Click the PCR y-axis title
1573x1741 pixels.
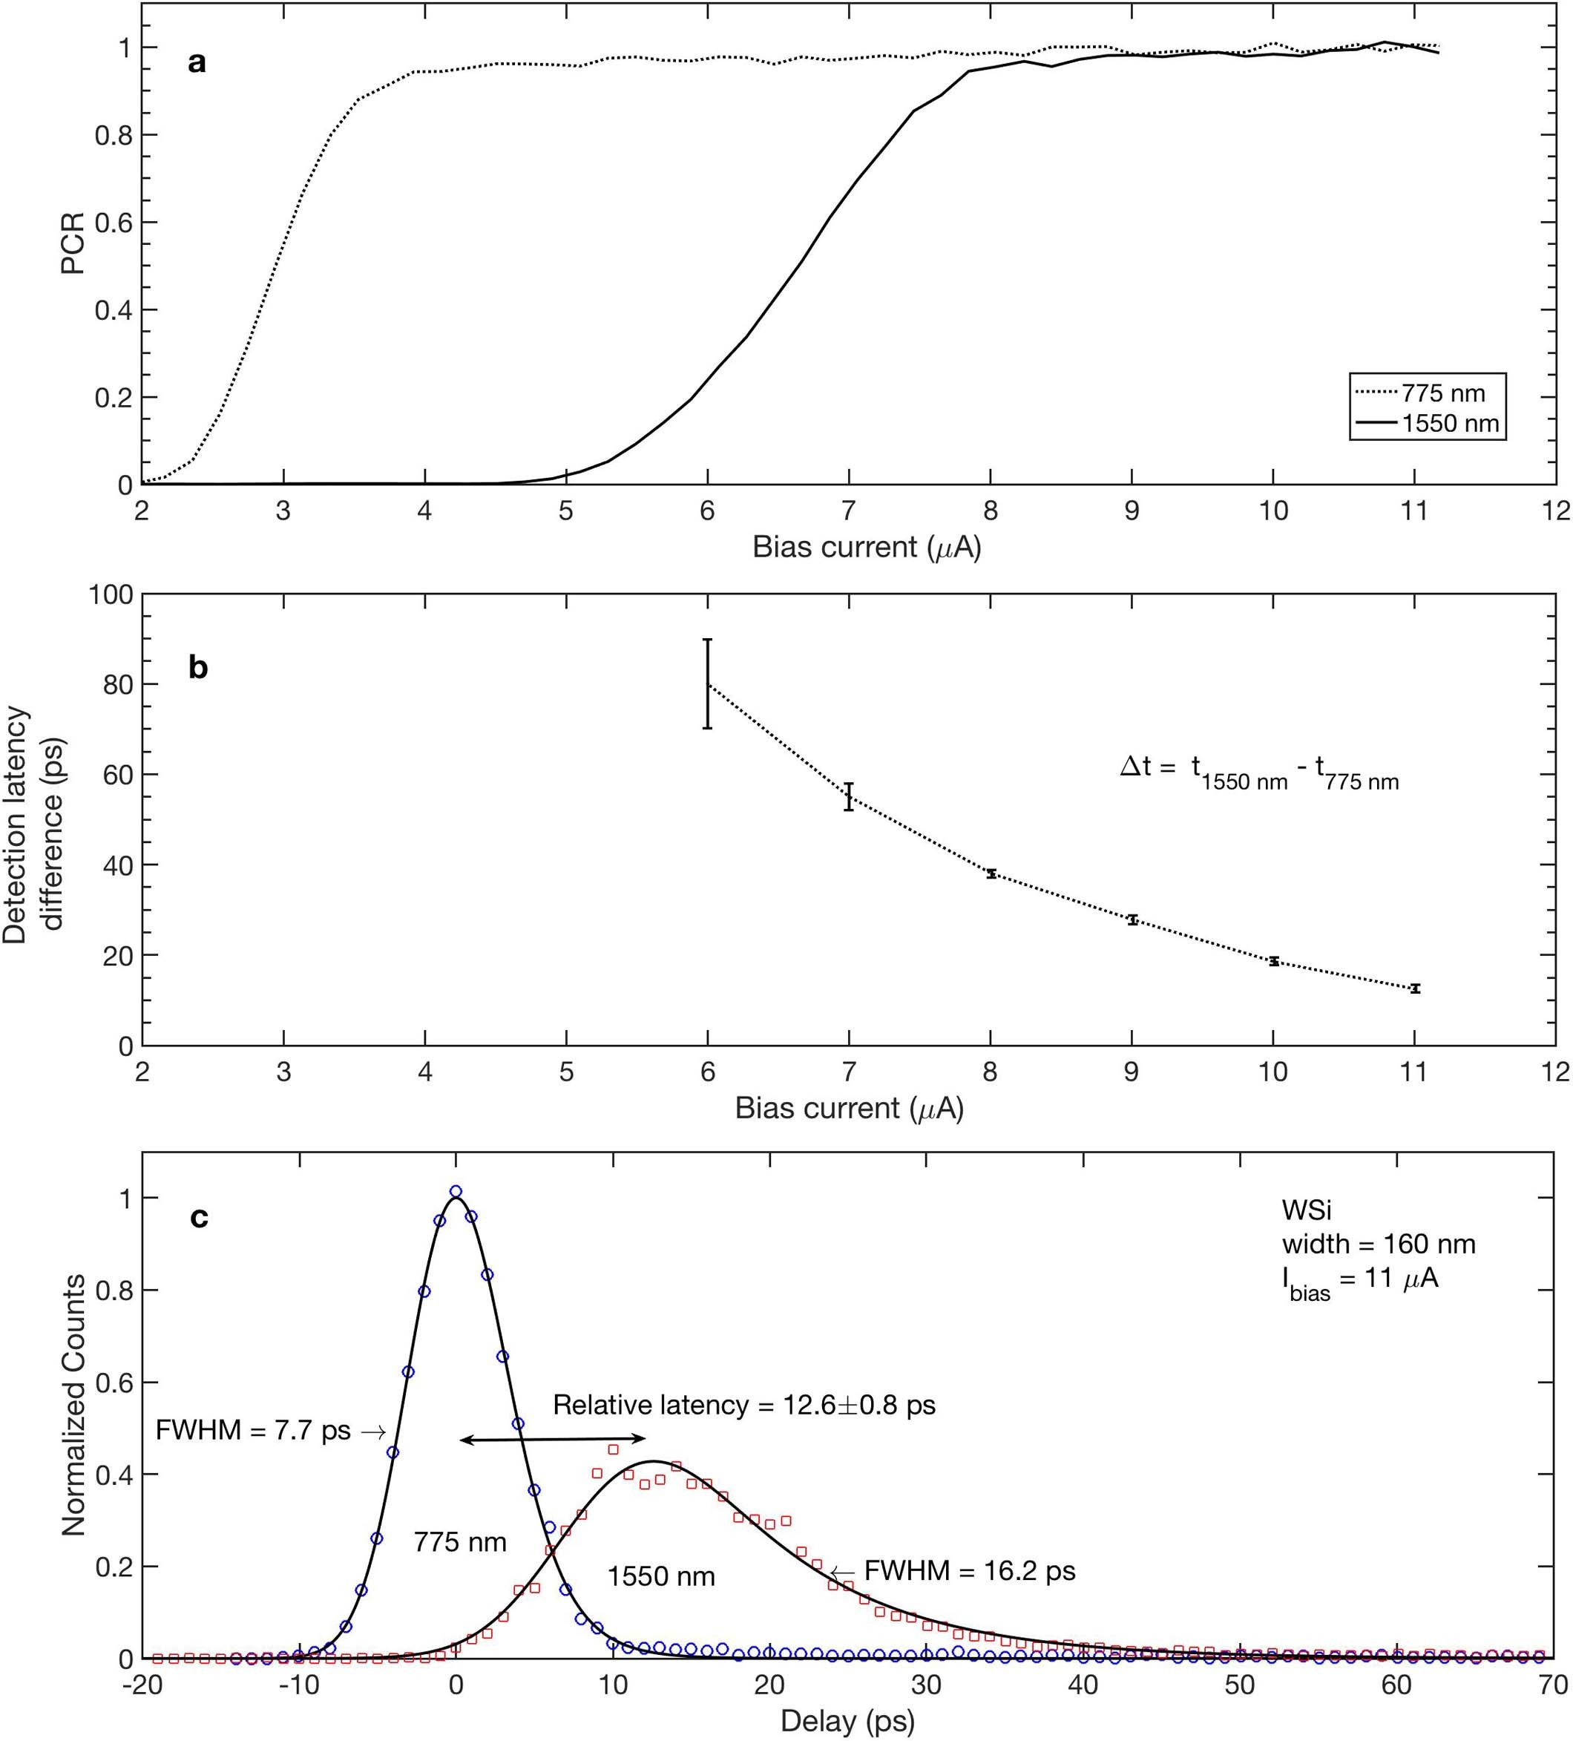(x=73, y=243)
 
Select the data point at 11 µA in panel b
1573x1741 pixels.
(x=1414, y=988)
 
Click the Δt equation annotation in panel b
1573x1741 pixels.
(x=1258, y=769)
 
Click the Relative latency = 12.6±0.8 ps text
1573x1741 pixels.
(x=743, y=1405)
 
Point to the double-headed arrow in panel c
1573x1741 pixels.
(x=553, y=1439)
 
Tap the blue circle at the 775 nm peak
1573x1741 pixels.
(x=456, y=1192)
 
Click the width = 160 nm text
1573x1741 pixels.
(x=1378, y=1244)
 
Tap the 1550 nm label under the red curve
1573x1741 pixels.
(x=661, y=1576)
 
